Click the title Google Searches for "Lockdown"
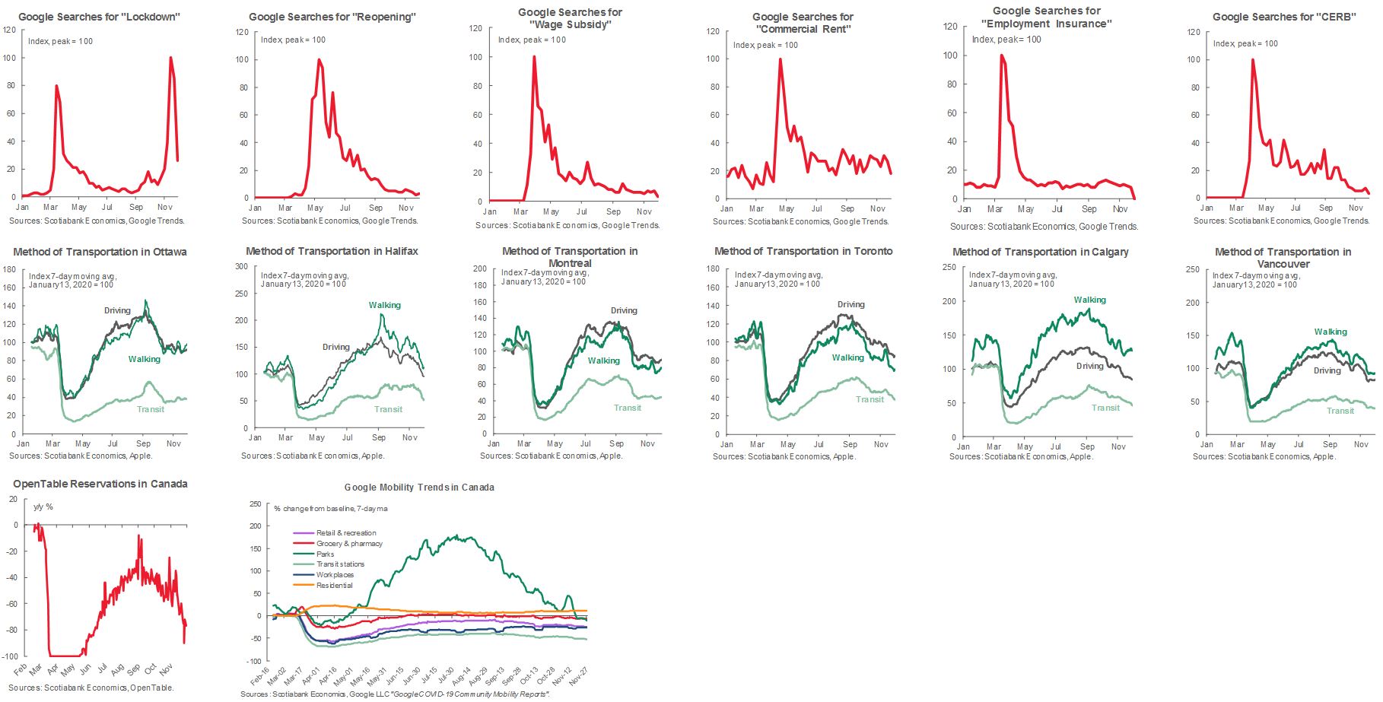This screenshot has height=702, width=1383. tap(99, 17)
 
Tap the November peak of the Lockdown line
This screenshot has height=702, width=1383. tap(170, 58)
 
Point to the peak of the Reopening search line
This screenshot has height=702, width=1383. tap(319, 60)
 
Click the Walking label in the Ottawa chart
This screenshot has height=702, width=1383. tap(145, 359)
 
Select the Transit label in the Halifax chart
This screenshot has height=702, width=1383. tap(388, 409)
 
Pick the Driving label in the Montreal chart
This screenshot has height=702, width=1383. tap(624, 310)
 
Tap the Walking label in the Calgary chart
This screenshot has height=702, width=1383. tap(1089, 300)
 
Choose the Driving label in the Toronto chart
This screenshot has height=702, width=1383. tap(850, 304)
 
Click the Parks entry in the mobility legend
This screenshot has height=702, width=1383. tap(325, 554)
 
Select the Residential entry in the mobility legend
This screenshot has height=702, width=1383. tap(334, 586)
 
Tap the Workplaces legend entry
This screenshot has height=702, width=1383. tap(335, 575)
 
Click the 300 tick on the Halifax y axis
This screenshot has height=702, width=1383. tap(241, 266)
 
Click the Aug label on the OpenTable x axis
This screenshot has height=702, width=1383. tap(117, 670)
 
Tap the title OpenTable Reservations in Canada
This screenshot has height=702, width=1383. tap(100, 484)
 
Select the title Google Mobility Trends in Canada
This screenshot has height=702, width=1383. tap(419, 488)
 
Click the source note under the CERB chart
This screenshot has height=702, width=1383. tap(1281, 221)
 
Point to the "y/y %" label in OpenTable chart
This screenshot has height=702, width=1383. tap(43, 507)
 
